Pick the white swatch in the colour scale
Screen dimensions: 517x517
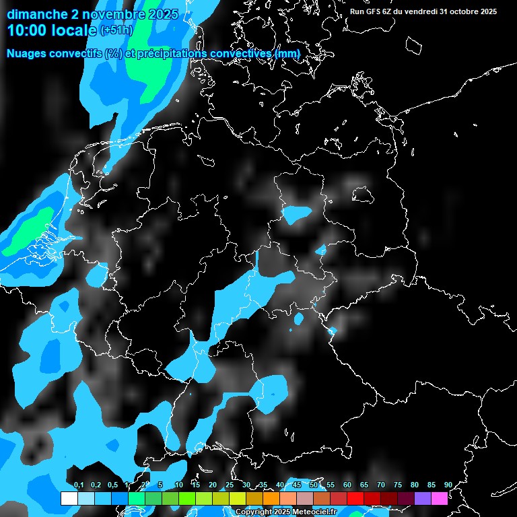coord(69,498)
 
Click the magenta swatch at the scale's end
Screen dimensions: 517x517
coord(439,498)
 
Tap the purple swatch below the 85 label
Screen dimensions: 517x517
coord(422,498)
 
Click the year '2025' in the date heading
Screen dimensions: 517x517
coord(163,14)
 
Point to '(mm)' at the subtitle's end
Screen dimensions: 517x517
coord(287,53)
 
